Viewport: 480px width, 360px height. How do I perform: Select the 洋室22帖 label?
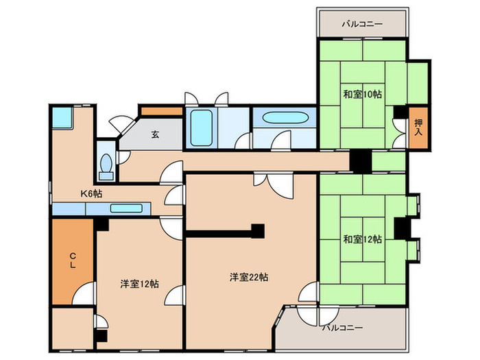pos(248,278)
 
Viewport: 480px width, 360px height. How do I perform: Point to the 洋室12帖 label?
pos(140,283)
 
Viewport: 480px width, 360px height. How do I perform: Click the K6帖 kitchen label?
pos(91,194)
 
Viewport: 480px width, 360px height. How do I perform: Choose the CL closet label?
pos(71,262)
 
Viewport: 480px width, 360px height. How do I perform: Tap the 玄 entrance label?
pos(156,134)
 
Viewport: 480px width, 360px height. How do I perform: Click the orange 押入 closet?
pos(418,128)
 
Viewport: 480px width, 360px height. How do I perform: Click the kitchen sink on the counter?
pos(125,208)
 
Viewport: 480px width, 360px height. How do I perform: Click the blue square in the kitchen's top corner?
pos(62,117)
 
